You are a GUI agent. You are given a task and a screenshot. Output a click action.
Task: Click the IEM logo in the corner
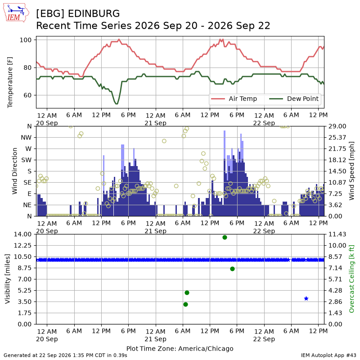(x=16, y=13)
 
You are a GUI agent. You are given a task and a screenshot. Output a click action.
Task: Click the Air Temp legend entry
(x=234, y=99)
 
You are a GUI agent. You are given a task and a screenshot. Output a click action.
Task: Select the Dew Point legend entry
(x=294, y=99)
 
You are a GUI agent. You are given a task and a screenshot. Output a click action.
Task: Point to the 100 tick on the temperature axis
(x=25, y=40)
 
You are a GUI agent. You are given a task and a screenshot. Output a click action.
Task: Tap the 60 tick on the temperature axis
(x=27, y=95)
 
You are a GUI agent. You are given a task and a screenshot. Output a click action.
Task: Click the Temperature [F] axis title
(x=10, y=82)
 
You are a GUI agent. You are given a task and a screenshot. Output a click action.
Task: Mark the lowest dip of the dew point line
(x=117, y=103)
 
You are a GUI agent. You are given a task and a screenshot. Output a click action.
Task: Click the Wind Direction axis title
(x=15, y=171)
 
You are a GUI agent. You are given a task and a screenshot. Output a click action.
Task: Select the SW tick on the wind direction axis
(x=26, y=160)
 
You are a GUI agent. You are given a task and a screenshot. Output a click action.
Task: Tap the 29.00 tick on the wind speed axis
(x=337, y=126)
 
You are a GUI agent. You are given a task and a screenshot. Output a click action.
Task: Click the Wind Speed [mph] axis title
(x=351, y=171)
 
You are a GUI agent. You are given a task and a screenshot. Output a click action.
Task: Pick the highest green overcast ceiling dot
(x=225, y=238)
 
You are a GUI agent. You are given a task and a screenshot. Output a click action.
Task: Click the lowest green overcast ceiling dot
(x=186, y=305)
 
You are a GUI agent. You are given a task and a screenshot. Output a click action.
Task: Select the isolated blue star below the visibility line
(x=306, y=298)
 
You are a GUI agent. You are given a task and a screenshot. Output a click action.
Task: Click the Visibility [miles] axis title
(x=8, y=279)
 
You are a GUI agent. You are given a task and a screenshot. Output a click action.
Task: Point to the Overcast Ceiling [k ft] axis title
(x=351, y=279)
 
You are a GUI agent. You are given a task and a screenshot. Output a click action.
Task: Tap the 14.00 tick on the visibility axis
(x=22, y=234)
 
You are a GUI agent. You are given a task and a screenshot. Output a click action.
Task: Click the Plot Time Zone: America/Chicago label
(x=180, y=349)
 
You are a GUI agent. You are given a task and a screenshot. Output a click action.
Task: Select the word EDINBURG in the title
(x=94, y=14)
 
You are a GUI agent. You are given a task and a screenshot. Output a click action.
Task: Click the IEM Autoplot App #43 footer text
(x=328, y=355)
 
